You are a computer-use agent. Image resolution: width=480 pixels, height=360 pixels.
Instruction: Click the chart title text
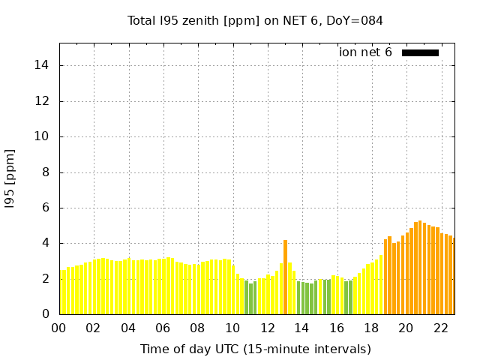(255, 20)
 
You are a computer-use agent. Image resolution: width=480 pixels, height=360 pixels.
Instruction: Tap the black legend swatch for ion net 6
(420, 52)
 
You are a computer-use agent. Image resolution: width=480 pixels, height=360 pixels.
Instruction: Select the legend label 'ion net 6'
(365, 52)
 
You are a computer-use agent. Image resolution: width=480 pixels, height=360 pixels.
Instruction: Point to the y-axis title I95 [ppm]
(10, 178)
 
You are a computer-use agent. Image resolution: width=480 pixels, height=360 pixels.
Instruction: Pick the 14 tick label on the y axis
(43, 65)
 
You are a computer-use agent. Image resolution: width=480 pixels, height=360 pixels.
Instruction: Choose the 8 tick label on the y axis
(46, 172)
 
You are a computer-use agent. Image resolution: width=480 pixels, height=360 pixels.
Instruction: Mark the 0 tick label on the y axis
(46, 314)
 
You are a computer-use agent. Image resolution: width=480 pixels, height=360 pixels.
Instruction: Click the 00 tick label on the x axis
(59, 328)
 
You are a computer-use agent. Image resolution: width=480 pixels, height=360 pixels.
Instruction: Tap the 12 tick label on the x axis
(267, 328)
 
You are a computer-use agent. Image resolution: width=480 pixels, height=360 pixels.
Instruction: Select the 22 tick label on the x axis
(440, 328)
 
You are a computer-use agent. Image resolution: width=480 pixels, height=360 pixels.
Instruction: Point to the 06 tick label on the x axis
(163, 328)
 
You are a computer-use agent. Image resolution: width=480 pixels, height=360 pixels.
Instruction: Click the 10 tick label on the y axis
(43, 136)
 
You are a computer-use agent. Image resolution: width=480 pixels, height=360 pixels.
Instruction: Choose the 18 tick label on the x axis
(371, 328)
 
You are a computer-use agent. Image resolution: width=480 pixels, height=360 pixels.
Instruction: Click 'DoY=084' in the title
(356, 20)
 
